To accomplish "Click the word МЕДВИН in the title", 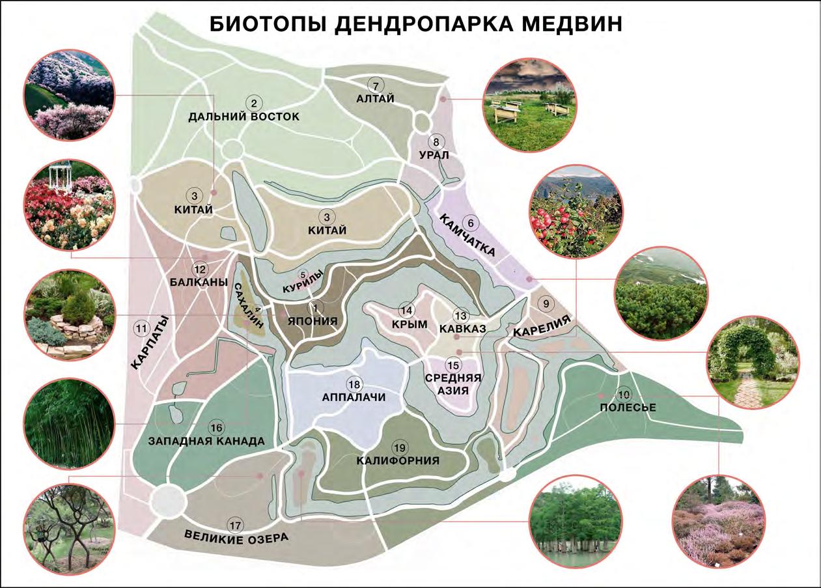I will [x=564, y=24].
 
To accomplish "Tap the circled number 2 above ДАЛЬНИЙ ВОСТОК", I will [x=254, y=102].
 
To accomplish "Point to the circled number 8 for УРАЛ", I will [x=436, y=142].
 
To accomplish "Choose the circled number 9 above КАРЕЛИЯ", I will [x=546, y=303].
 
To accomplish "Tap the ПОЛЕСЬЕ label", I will [x=627, y=408].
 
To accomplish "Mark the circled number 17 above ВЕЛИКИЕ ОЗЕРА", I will [x=234, y=525].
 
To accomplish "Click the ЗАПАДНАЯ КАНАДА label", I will [x=206, y=441].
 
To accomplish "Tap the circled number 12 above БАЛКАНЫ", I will [x=199, y=269].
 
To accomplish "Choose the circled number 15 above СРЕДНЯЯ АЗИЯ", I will [x=452, y=365].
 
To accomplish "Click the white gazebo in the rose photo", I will [x=61, y=175].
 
